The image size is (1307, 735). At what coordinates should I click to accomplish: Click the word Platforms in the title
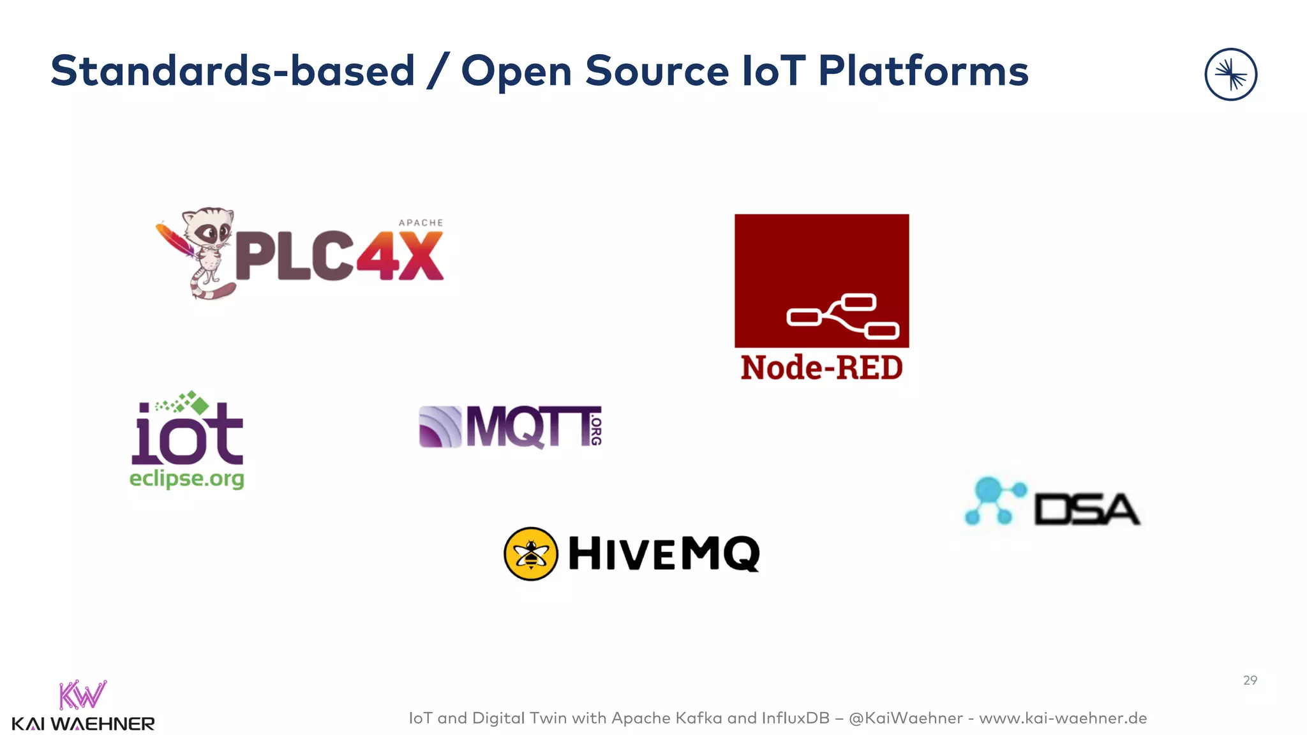tap(923, 71)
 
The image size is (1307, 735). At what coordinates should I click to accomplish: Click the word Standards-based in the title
tap(232, 71)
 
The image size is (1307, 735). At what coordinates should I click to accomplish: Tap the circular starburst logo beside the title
tap(1230, 75)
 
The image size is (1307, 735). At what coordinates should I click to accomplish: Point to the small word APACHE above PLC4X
tap(421, 223)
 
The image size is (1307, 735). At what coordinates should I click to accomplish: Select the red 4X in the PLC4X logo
tap(400, 256)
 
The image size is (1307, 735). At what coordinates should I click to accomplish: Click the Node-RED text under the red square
tap(821, 368)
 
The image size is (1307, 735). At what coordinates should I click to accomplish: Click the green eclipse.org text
tap(186, 479)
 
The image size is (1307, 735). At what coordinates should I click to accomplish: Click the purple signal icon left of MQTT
tap(440, 427)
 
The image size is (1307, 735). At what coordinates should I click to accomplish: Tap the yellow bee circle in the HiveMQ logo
tap(530, 554)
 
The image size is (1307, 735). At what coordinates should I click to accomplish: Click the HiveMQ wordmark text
tap(664, 554)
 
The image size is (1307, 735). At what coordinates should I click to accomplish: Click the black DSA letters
tap(1086, 509)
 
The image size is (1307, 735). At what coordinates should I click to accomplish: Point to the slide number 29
tap(1250, 680)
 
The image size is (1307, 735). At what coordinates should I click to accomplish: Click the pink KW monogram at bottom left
tap(82, 695)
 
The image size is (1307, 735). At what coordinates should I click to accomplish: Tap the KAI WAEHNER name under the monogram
tap(83, 724)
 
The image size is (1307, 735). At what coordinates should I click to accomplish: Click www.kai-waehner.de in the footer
tap(1063, 718)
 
